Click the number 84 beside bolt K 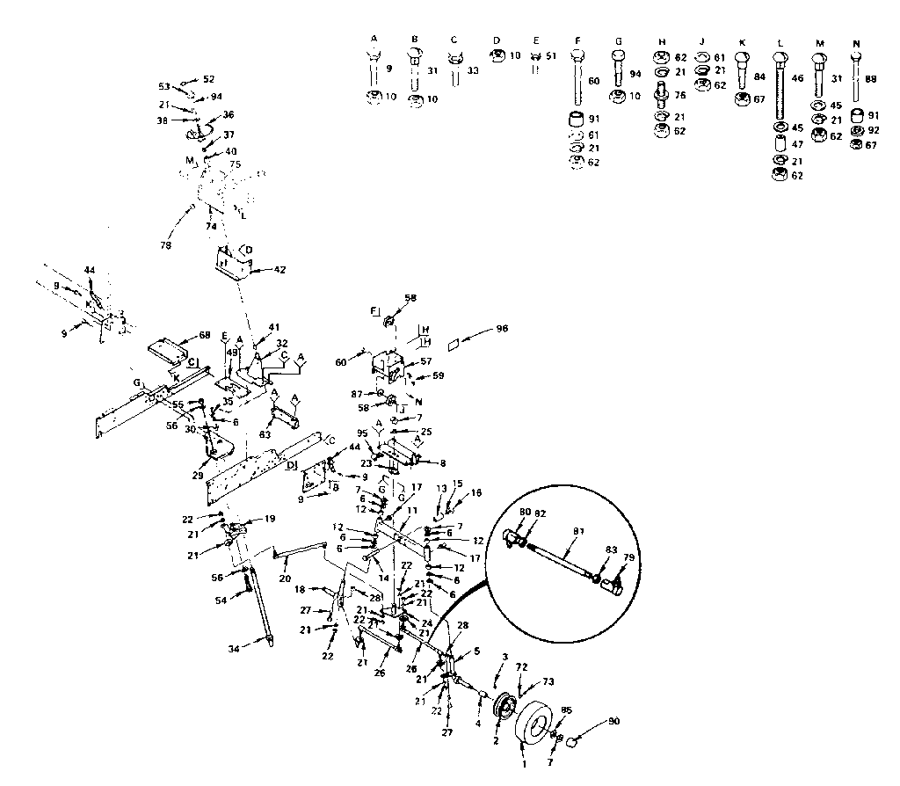click(x=759, y=76)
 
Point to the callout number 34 click(x=232, y=650)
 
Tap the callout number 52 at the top click(x=208, y=79)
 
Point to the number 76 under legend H click(x=680, y=96)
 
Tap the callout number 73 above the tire click(x=549, y=681)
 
